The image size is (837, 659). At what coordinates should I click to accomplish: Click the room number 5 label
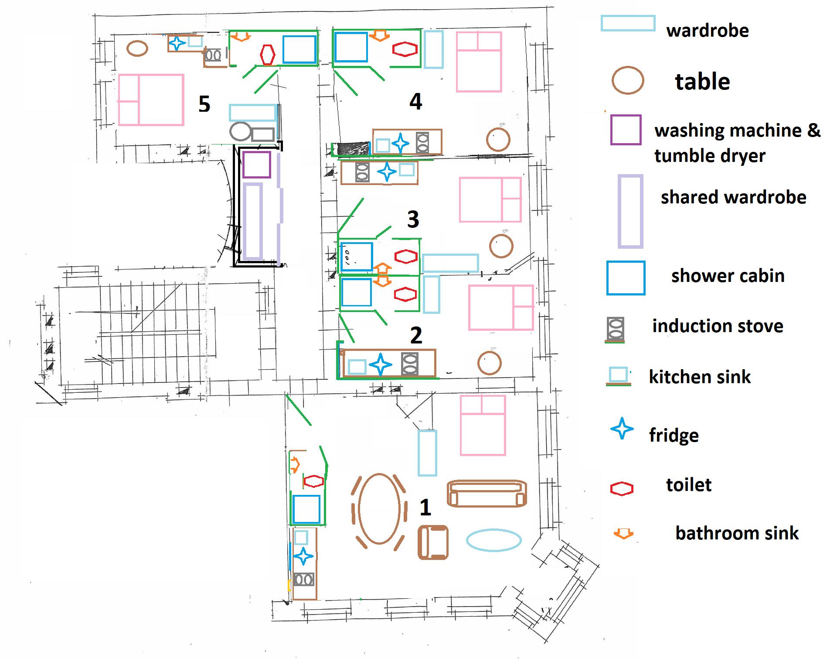click(204, 104)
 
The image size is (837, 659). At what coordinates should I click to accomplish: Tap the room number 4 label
click(415, 101)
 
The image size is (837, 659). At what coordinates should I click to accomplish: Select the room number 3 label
click(413, 219)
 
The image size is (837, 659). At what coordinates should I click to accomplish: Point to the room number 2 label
click(416, 335)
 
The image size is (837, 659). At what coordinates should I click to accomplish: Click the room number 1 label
click(425, 507)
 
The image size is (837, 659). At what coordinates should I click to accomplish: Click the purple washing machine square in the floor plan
click(256, 165)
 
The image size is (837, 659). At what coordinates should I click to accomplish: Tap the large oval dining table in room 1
click(379, 509)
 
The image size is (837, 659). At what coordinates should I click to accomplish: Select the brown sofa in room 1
click(487, 494)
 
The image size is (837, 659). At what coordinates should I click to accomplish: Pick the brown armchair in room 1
click(433, 542)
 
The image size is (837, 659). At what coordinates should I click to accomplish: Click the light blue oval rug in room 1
click(494, 540)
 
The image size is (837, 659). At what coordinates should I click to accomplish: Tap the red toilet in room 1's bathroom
click(313, 481)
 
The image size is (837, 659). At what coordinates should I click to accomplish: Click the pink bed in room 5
click(151, 100)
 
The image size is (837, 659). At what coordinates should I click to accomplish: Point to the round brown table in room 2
click(490, 363)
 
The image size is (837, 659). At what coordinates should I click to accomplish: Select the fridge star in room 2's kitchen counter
click(380, 364)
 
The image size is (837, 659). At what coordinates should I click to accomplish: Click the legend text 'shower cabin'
click(728, 276)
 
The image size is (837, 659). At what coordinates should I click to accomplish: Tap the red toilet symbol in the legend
click(622, 488)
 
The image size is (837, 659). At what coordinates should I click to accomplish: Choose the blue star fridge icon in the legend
click(622, 429)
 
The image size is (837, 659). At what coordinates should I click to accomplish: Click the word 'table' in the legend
click(702, 82)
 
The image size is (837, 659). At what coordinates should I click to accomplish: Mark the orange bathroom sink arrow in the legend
click(623, 533)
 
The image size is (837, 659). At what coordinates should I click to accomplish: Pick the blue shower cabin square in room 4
click(351, 47)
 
